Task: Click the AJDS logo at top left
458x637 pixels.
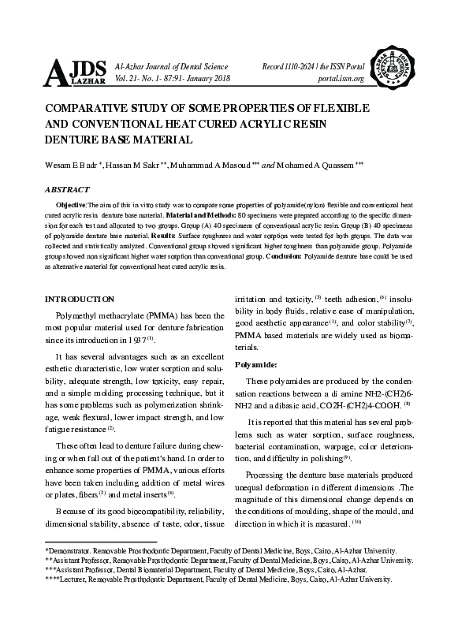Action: tap(76, 72)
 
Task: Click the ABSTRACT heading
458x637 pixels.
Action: tap(67, 189)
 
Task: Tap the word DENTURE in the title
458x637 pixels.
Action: tap(73, 140)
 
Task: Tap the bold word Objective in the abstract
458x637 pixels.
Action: tap(73, 204)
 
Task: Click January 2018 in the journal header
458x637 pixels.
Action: tap(207, 79)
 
